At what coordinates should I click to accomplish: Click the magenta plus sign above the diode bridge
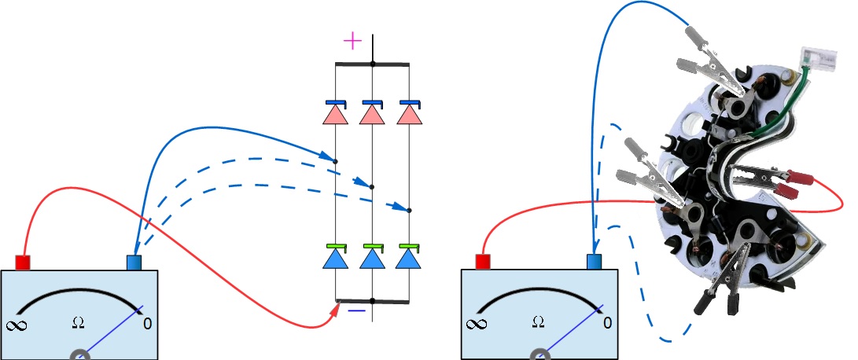tap(352, 40)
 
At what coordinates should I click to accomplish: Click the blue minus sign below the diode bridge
tap(356, 310)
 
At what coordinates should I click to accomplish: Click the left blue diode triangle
tap(336, 259)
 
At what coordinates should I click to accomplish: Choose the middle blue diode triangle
tap(372, 259)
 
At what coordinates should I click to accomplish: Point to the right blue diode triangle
tap(408, 259)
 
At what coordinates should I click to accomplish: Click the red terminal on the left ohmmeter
tap(23, 263)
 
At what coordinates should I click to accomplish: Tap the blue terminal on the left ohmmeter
tap(134, 263)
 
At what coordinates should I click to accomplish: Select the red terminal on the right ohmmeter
tap(483, 263)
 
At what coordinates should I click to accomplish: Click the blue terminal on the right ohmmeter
tap(594, 263)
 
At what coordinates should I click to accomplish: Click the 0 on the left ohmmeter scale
tap(147, 322)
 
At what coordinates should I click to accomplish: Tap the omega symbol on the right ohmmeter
tap(538, 321)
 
